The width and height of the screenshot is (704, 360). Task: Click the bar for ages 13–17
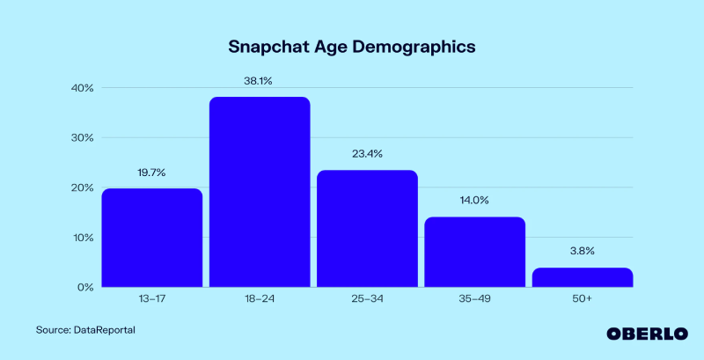click(x=151, y=238)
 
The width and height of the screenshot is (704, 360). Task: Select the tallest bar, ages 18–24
click(x=260, y=192)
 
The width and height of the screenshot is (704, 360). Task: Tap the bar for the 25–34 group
click(x=367, y=229)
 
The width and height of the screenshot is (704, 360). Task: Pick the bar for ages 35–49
click(x=475, y=252)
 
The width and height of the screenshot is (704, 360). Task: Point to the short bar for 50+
click(x=583, y=277)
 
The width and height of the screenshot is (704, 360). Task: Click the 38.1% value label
click(x=259, y=81)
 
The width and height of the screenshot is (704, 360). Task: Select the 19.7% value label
click(x=151, y=173)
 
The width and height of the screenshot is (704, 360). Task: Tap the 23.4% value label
click(x=367, y=154)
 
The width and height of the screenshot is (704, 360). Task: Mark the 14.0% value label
click(x=475, y=201)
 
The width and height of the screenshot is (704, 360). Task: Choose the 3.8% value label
click(x=583, y=251)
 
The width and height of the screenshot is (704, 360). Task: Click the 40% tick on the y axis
click(x=83, y=88)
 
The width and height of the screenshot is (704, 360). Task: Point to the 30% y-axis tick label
click(x=83, y=138)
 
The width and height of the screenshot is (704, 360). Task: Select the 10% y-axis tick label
click(x=83, y=238)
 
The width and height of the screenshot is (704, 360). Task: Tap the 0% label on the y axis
click(x=85, y=287)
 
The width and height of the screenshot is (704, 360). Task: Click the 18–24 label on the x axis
click(x=260, y=300)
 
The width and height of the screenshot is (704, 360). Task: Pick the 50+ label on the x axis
click(x=583, y=300)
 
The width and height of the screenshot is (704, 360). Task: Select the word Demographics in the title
click(x=414, y=46)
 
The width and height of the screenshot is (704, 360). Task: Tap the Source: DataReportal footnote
click(x=85, y=329)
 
